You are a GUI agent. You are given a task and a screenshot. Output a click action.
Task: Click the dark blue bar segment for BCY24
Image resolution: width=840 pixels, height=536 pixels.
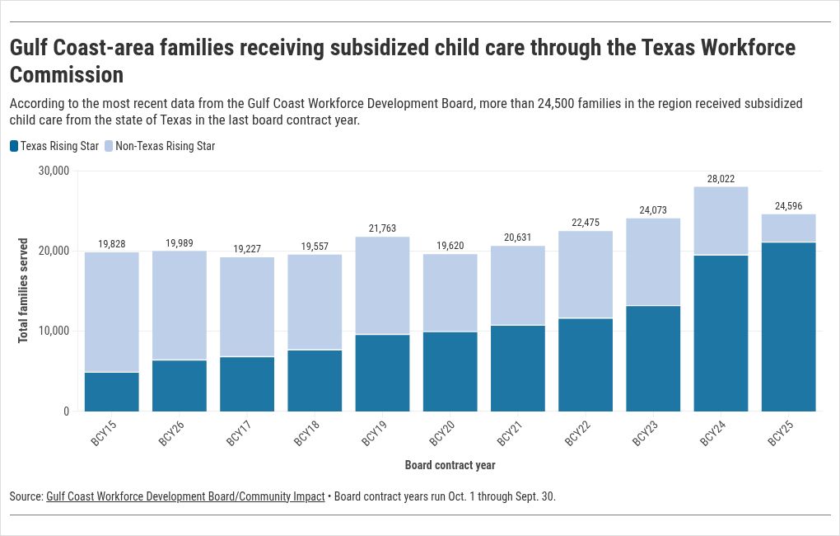point(721,333)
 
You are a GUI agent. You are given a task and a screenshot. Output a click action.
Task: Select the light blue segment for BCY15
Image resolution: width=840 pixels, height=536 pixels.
point(112,312)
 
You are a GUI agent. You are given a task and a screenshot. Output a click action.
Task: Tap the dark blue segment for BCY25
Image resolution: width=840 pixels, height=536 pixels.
point(788,327)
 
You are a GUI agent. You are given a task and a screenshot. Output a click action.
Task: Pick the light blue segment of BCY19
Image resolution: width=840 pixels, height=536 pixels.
point(382,285)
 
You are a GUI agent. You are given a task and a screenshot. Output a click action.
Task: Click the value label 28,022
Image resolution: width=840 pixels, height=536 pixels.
point(721,178)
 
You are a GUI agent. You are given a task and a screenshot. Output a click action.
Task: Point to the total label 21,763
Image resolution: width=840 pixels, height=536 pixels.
point(382,228)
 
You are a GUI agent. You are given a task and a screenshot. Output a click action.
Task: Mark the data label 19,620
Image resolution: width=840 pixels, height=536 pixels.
point(450,245)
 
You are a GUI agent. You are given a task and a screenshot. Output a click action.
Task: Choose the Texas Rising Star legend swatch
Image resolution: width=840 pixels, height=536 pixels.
point(14,146)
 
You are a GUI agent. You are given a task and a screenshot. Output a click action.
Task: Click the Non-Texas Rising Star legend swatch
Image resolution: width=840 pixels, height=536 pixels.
point(109,146)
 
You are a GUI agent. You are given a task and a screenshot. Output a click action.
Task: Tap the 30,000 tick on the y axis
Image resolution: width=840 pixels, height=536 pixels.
point(54,171)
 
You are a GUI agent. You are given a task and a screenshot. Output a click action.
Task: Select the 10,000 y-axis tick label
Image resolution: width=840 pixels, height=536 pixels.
point(54,331)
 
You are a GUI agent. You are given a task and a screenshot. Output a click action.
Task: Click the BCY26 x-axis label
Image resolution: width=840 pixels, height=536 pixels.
point(171,434)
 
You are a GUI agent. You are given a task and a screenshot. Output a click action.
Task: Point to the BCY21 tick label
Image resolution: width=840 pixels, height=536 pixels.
point(510,434)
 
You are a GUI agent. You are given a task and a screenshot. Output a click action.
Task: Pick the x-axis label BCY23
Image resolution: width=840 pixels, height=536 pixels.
point(645,434)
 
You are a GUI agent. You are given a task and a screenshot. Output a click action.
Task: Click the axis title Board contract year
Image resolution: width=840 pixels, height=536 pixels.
point(450,465)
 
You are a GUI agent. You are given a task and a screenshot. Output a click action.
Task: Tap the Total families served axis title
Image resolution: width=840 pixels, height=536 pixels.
point(23,290)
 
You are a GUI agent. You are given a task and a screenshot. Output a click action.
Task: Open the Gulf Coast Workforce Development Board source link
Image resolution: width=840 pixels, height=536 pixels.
point(185,496)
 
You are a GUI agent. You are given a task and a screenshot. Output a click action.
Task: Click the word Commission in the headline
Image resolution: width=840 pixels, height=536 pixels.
point(67,75)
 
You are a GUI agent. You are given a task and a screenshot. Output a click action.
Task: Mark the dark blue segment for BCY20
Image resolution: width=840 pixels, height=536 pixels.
point(450,371)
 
